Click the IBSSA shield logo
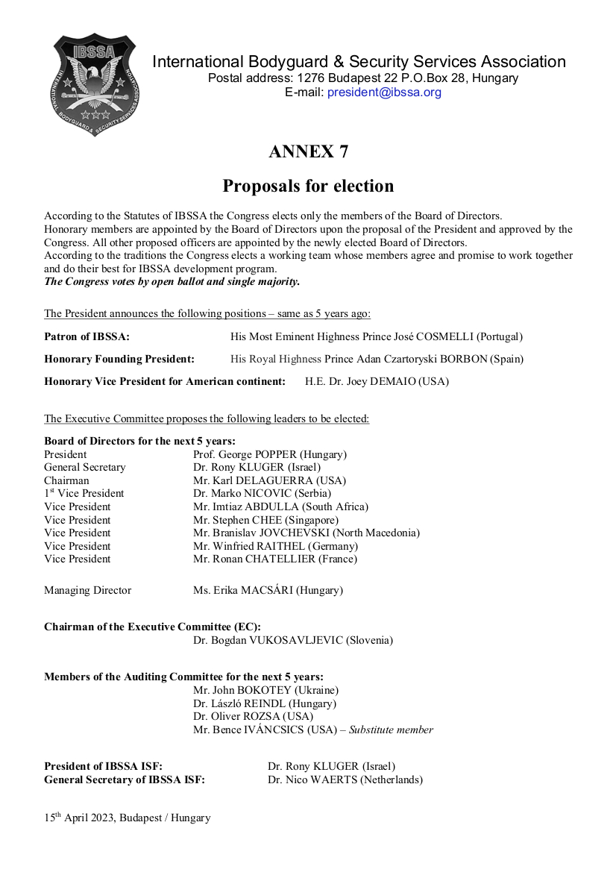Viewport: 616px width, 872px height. [x=95, y=85]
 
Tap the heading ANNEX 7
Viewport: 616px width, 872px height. [x=308, y=151]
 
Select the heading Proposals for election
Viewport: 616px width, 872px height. [x=308, y=185]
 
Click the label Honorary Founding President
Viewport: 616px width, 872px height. [x=119, y=360]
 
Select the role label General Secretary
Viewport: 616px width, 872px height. [x=84, y=468]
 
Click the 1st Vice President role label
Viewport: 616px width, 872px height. [x=84, y=494]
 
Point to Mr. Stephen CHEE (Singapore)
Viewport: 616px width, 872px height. [x=265, y=520]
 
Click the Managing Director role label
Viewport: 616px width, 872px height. [x=87, y=591]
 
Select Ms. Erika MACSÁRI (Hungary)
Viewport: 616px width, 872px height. [x=268, y=591]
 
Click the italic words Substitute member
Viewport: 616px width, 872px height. [x=391, y=730]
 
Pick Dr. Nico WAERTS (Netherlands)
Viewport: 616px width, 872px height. [x=345, y=780]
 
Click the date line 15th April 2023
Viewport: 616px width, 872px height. [x=127, y=818]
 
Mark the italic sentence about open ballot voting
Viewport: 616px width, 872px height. [x=172, y=282]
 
